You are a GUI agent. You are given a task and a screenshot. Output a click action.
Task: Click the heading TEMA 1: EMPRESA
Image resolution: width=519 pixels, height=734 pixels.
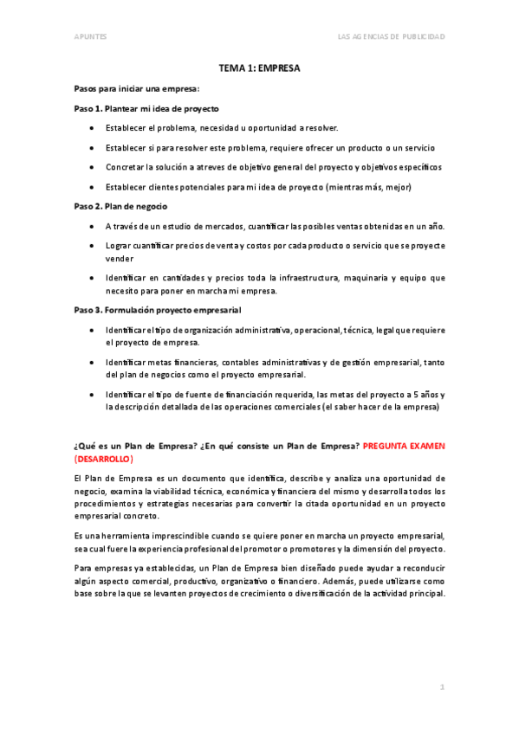[x=259, y=68]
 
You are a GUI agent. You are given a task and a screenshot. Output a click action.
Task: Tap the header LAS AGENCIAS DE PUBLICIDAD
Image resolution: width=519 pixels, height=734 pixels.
[x=392, y=36]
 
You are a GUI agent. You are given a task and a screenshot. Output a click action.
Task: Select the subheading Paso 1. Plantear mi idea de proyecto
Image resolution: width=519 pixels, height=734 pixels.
[x=146, y=108]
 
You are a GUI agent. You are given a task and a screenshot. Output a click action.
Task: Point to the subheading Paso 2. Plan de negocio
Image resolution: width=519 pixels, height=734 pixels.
[x=120, y=207]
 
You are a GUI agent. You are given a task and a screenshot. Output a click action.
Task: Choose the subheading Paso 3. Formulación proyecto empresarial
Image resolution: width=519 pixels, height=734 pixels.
[x=157, y=310]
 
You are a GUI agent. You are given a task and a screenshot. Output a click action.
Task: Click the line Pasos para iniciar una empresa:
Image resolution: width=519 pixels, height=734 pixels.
[x=136, y=88]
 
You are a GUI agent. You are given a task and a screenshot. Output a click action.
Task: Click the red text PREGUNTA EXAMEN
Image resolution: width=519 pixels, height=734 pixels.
[x=404, y=446]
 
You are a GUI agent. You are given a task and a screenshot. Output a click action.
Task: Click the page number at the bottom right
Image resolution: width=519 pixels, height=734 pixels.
[x=441, y=686]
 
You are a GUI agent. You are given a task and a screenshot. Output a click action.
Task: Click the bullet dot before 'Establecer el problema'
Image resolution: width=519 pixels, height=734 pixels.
[x=93, y=127]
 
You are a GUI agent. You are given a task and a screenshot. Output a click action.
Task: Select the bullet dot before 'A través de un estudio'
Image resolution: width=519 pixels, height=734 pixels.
[x=93, y=226]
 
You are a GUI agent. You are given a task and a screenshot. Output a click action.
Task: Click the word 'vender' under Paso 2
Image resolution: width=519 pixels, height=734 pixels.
[x=120, y=258]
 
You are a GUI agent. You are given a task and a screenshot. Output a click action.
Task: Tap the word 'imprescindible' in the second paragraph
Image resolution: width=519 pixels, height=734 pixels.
[x=182, y=535]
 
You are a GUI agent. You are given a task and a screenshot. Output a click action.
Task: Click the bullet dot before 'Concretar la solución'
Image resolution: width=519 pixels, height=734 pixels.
[x=93, y=167]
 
